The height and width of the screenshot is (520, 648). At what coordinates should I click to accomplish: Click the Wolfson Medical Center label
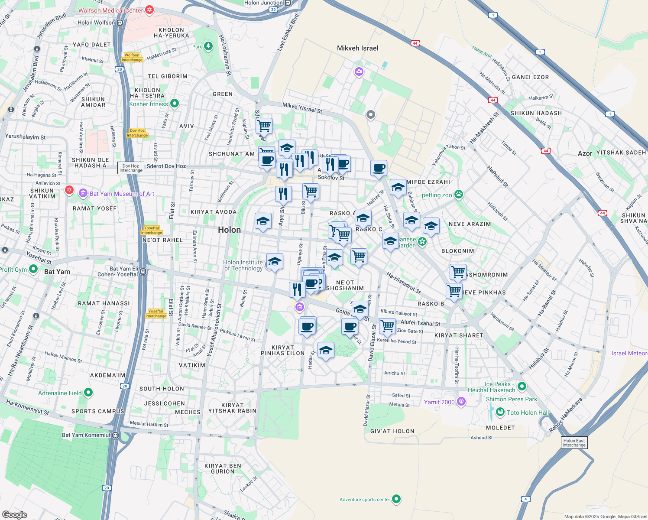tap(110, 10)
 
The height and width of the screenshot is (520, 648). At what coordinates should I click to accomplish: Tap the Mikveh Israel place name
tap(357, 48)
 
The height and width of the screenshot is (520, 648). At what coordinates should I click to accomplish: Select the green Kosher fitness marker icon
tap(175, 104)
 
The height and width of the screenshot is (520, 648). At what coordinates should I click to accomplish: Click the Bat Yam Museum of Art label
tap(122, 194)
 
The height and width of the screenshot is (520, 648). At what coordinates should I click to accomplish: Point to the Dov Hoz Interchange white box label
tap(131, 168)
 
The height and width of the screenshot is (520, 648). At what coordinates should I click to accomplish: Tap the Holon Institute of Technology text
tap(243, 265)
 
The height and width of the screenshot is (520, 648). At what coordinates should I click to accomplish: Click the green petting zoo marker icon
tap(459, 195)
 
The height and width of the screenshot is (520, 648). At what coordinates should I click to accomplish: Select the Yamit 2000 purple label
tap(439, 402)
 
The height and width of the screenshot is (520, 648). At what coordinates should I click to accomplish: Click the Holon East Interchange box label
tap(574, 443)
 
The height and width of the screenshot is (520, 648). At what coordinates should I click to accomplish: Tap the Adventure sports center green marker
tap(396, 499)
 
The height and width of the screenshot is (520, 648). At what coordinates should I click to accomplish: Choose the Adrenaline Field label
tap(60, 393)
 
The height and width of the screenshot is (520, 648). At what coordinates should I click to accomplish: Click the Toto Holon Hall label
tap(528, 413)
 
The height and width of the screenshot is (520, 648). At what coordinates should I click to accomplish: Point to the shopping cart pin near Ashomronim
tap(458, 272)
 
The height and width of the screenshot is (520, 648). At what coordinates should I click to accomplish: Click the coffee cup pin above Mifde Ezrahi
tap(379, 168)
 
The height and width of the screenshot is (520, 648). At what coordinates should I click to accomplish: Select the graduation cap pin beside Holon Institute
tap(275, 262)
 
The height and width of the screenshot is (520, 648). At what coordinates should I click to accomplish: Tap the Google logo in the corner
tap(15, 514)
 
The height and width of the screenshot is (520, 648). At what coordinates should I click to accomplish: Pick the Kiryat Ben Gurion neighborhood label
tap(223, 468)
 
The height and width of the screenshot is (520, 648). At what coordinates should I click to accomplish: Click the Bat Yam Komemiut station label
tap(86, 435)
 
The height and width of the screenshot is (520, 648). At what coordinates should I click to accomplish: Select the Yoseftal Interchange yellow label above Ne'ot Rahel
tap(151, 230)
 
